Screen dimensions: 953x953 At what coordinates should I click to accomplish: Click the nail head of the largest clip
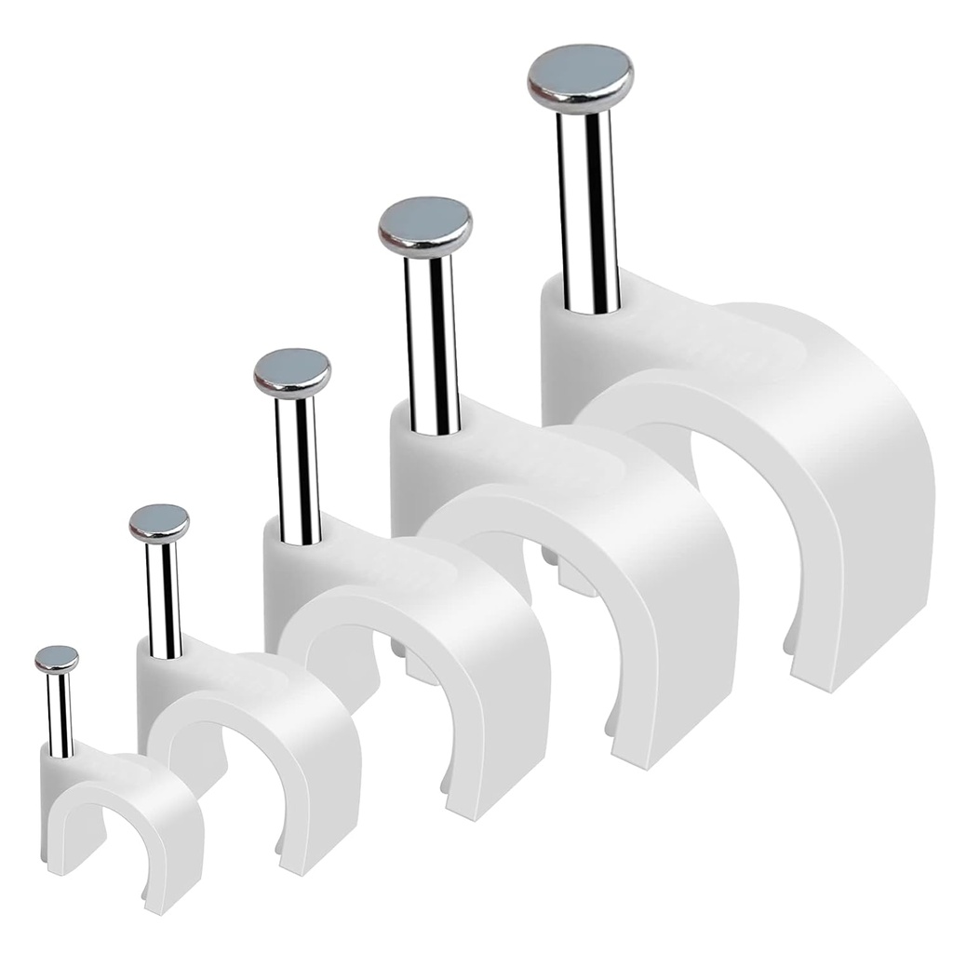(580, 74)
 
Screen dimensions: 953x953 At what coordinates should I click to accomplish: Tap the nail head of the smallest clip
(57, 659)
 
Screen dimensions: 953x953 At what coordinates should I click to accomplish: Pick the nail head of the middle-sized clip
(292, 370)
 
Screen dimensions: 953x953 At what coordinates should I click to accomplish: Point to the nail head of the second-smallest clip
(159, 522)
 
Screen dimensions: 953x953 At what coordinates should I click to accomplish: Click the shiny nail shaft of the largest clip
(587, 214)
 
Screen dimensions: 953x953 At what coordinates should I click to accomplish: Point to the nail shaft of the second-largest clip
(432, 344)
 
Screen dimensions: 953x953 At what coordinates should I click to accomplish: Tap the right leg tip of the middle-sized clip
(484, 800)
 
